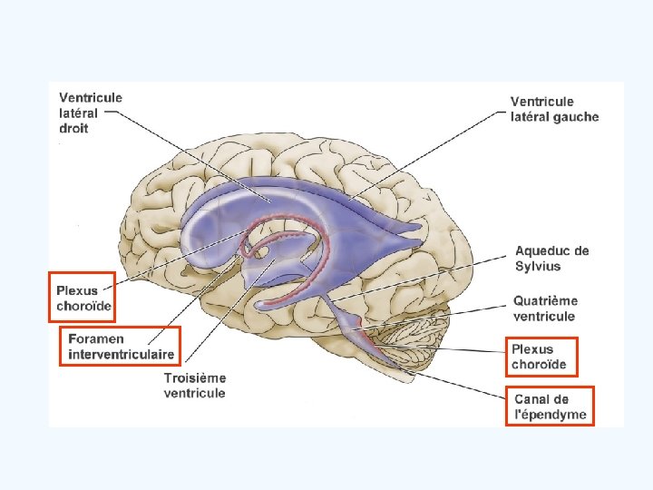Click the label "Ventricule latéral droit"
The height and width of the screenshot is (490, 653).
point(91,113)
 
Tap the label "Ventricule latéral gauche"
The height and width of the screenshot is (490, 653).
point(554,109)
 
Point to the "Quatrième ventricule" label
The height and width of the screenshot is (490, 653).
point(544,309)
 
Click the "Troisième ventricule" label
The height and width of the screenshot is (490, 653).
point(195,386)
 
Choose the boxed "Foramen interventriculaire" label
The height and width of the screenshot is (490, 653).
point(121,346)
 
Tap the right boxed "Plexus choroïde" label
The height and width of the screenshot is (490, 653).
point(539,357)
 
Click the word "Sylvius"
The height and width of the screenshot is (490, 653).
point(538,267)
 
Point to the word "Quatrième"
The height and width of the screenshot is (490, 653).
point(545,301)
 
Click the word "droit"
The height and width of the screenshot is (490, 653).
point(75,129)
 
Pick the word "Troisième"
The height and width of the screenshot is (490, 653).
point(195,377)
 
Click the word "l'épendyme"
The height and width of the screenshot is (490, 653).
point(551,415)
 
